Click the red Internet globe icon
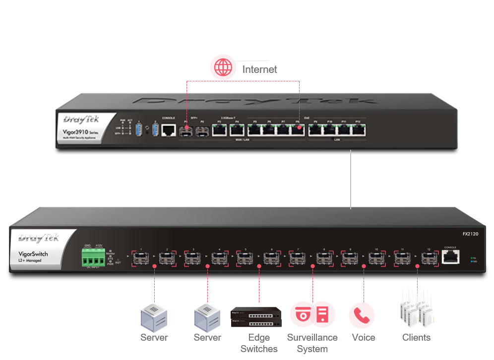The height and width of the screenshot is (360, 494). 223,68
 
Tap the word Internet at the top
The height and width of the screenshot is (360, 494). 259,69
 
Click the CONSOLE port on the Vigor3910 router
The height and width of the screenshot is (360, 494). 169,130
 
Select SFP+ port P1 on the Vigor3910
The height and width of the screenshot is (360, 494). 186,131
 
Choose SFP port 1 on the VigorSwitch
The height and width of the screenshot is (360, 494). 141,258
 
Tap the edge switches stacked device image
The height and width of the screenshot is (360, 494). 259,317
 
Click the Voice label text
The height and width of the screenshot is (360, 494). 364,338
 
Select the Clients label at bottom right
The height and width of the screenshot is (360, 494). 416,338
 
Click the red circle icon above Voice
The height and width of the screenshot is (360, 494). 362,315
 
